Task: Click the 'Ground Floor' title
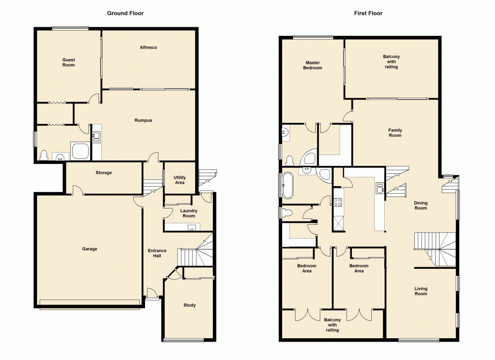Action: [125, 13]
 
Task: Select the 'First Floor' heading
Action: [368, 13]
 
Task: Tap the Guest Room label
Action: [68, 62]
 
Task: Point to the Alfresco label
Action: [148, 47]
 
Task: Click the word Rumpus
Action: [143, 120]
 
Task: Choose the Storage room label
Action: [103, 173]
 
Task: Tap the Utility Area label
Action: [180, 180]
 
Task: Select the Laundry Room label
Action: [189, 213]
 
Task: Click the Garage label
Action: [90, 249]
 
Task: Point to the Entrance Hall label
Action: [157, 253]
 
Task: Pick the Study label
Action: [189, 305]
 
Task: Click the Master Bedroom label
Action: [312, 65]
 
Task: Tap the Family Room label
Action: [395, 133]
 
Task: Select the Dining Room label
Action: [420, 205]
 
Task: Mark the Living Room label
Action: [420, 291]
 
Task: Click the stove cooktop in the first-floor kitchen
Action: [339, 202]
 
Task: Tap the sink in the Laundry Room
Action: [191, 227]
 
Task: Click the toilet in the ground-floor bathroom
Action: [44, 155]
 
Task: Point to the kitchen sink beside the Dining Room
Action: [380, 188]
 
